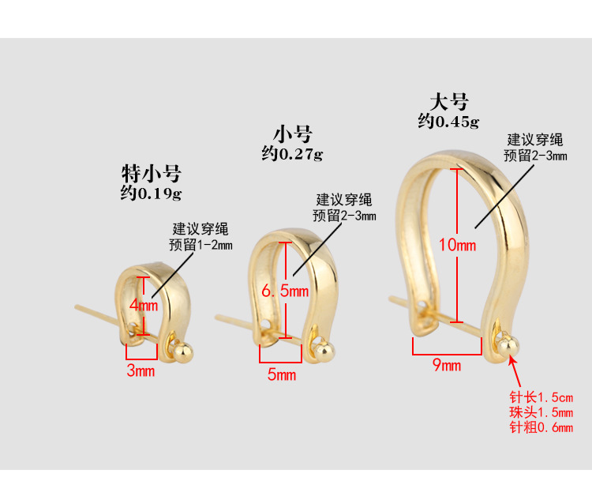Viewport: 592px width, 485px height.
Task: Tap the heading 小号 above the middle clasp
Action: [293, 133]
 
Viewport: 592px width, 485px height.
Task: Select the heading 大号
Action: [449, 102]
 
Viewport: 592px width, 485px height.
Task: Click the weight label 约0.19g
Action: [151, 193]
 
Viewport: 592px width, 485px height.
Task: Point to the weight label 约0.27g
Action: [292, 152]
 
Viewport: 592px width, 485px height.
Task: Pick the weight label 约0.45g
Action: [448, 122]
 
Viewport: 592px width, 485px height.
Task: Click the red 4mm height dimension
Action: [144, 305]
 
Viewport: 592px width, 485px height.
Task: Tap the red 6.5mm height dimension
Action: [284, 291]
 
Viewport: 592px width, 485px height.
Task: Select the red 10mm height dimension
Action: [458, 245]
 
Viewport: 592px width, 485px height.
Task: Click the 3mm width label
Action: [141, 371]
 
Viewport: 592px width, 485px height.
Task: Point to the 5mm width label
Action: [281, 374]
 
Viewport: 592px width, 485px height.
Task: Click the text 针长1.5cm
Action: [541, 397]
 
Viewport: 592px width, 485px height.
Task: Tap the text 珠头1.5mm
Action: [541, 412]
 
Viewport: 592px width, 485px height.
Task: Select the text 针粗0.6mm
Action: [541, 428]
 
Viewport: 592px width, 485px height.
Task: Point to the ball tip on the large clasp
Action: [508, 342]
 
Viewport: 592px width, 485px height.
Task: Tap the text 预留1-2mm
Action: [200, 245]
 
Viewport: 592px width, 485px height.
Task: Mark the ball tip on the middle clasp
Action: [323, 346]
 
